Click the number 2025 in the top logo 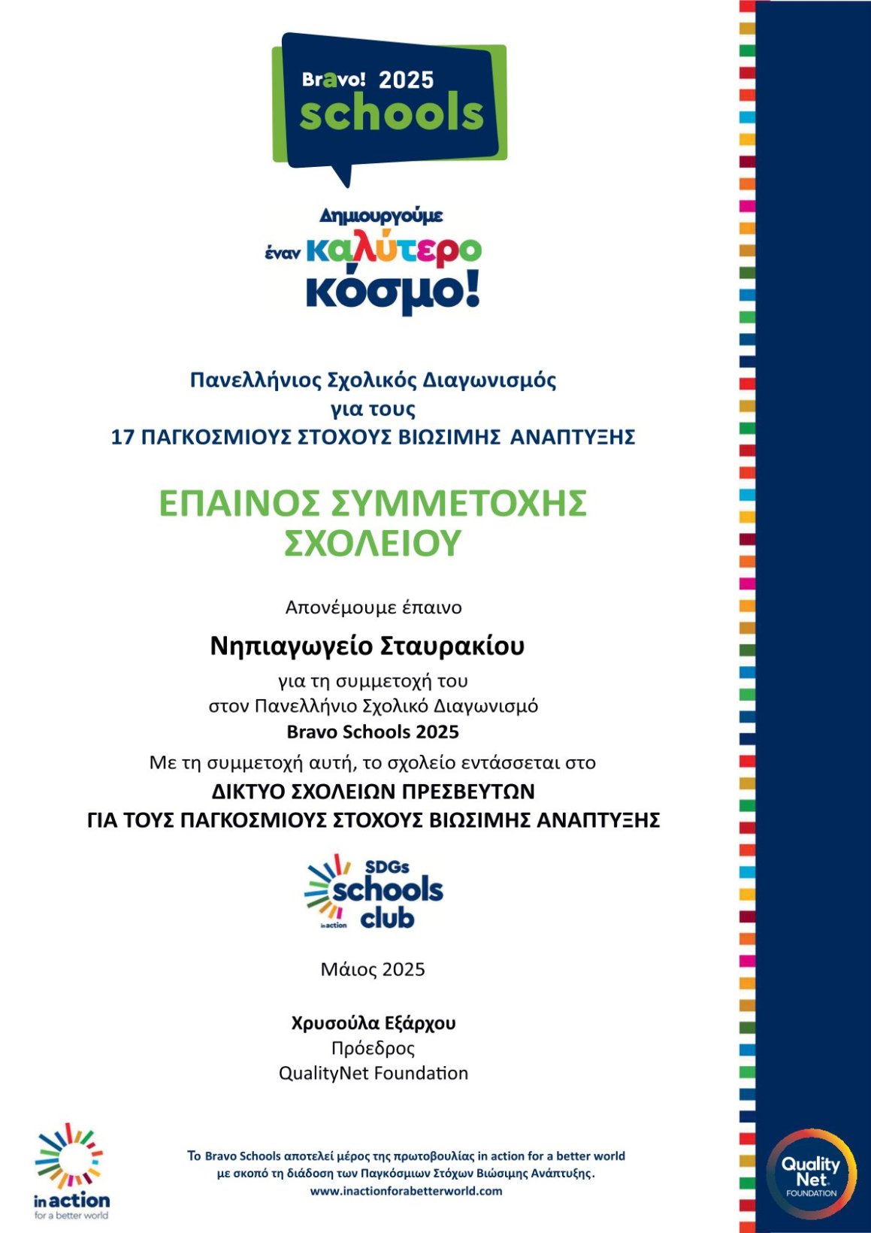pyautogui.click(x=406, y=80)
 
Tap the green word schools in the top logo pyautogui.click(x=392, y=114)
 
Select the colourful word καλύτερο pyautogui.click(x=394, y=250)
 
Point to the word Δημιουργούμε pyautogui.click(x=381, y=216)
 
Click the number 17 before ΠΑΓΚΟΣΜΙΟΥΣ pyautogui.click(x=122, y=437)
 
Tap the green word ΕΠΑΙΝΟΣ pyautogui.click(x=240, y=503)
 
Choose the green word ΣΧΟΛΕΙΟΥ pyautogui.click(x=372, y=543)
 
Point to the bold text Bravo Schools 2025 pyautogui.click(x=373, y=732)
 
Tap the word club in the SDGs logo pyautogui.click(x=387, y=918)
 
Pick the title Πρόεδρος pyautogui.click(x=373, y=1048)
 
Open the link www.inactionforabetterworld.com pyautogui.click(x=406, y=1191)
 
